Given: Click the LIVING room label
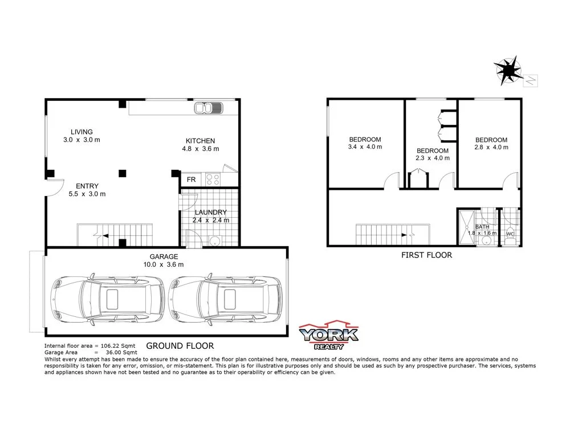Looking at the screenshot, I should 82,132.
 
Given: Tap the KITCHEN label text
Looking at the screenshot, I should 200,141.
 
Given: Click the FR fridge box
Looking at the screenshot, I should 191,180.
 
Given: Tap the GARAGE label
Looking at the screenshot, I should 164,256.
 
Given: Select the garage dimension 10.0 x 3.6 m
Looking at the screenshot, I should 164,264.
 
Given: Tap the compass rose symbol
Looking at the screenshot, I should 508,70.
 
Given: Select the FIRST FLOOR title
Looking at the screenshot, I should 426,255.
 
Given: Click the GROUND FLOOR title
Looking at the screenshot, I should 180,345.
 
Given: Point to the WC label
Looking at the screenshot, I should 510,234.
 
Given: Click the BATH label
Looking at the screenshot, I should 482,226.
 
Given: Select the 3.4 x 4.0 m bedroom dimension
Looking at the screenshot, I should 365,147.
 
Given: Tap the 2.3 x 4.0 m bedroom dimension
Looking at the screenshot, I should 432,158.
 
